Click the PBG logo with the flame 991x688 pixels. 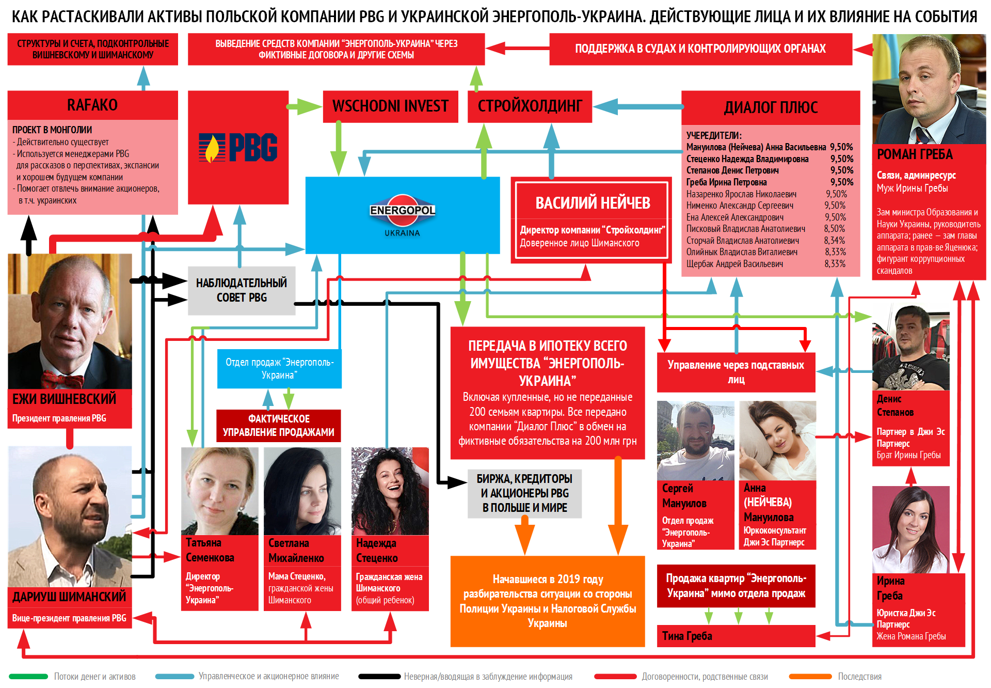coord(238,148)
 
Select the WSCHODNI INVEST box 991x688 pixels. coord(390,106)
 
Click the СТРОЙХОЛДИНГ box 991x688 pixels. coord(530,106)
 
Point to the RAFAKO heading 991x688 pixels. coord(92,105)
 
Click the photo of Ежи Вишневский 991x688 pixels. coord(70,320)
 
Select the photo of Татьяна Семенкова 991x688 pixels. coord(219,491)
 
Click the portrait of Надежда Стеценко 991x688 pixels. coord(390,491)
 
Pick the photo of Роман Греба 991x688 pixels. coord(929,89)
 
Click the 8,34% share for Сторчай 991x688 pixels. coord(835,241)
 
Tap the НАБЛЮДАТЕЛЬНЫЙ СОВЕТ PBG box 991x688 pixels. coord(242,290)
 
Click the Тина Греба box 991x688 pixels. coord(736,636)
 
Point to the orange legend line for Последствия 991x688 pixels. coord(810,677)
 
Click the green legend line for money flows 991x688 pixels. coord(28,677)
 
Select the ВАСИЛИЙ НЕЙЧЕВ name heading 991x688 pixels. coord(593,203)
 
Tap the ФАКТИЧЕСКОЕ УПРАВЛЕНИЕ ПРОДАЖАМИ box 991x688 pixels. coord(278,426)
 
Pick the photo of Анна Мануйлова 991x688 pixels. coord(777,441)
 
